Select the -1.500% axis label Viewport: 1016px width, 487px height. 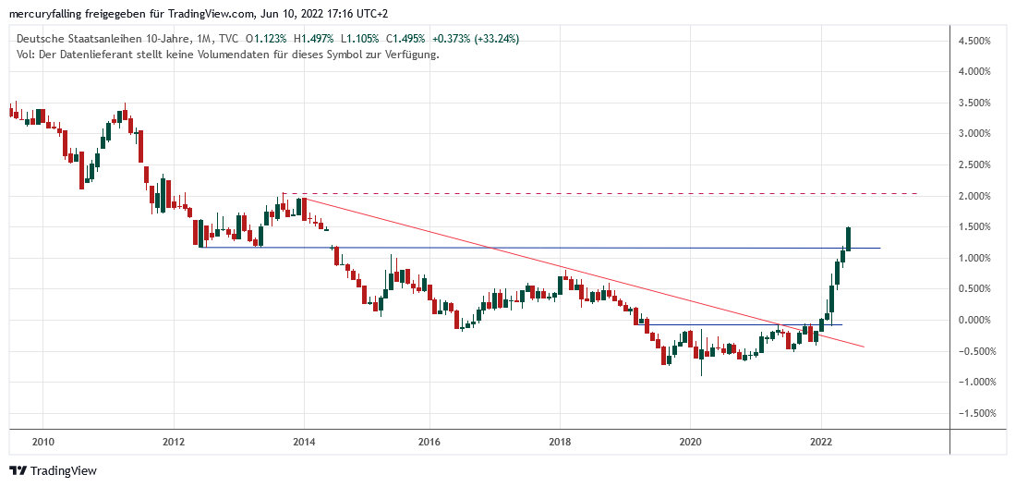[x=977, y=413]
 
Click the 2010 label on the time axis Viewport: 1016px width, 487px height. [x=42, y=442]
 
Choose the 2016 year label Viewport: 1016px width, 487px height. [x=428, y=442]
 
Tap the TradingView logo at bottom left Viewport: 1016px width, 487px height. [x=53, y=470]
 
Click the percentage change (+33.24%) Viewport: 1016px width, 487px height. [x=493, y=39]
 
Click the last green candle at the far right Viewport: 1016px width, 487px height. [x=848, y=238]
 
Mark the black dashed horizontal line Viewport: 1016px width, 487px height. [x=600, y=193]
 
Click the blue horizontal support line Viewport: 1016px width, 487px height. [x=554, y=248]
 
